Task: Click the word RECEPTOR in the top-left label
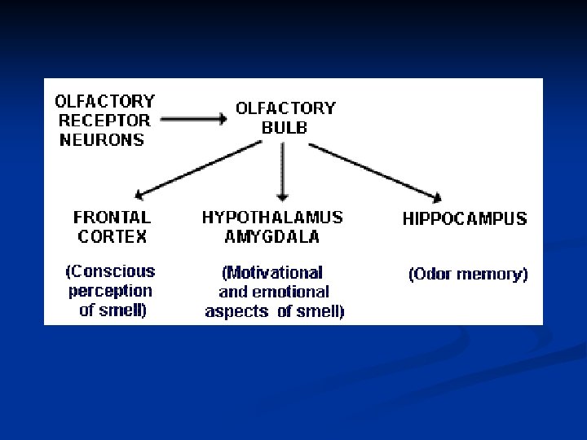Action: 104,121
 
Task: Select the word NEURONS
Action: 103,139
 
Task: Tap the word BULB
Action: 285,127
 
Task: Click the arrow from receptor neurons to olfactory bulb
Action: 194,119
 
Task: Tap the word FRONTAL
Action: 112,218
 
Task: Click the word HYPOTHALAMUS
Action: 272,218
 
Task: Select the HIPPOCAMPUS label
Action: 465,218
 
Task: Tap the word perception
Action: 110,291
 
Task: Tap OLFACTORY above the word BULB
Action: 285,108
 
